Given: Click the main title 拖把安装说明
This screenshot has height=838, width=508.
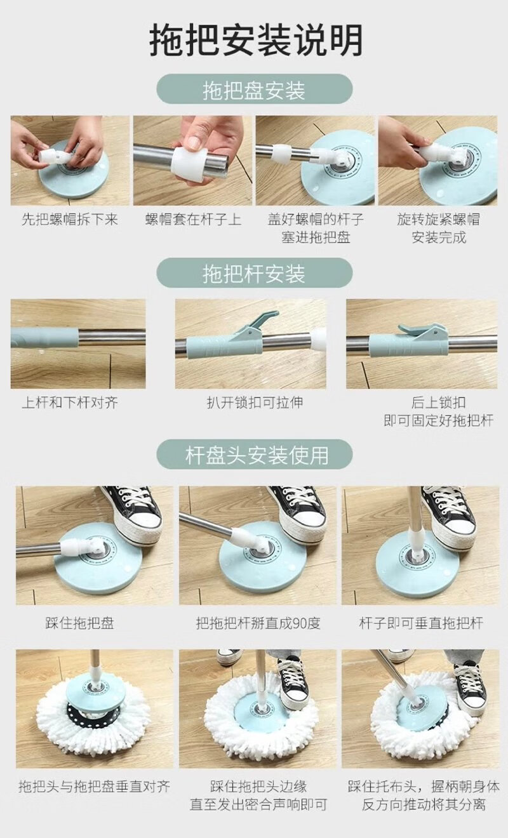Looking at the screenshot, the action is point(255,40).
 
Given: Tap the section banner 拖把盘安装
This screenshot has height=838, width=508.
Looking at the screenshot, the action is point(255,89).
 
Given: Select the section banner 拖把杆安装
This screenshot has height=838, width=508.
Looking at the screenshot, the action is point(255,273).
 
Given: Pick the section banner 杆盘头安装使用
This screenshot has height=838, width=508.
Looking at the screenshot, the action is point(255,454).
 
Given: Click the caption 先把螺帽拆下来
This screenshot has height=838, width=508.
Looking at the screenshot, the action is point(70,219).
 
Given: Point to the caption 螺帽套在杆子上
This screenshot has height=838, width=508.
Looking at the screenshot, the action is point(193,219).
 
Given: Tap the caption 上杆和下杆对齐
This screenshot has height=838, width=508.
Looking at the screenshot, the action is point(70,403).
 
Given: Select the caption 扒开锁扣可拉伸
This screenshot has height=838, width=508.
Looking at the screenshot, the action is point(255,402).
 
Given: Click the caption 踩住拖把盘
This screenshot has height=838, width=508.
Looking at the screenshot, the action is point(79,623).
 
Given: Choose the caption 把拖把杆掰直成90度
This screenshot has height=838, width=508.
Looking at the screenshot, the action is point(258,623).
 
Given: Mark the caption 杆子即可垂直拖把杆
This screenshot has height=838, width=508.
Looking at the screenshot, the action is point(421,623).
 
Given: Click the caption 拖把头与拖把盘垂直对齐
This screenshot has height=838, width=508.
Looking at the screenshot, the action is point(94,787).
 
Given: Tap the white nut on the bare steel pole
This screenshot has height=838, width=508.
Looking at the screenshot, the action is point(189,164).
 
